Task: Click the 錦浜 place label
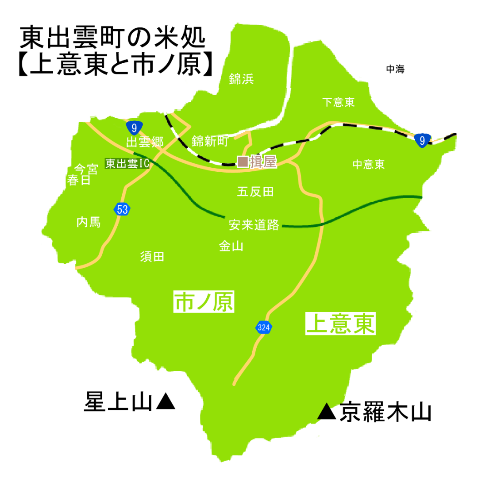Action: click(241, 79)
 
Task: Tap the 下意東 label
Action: click(339, 103)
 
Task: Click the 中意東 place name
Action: click(369, 165)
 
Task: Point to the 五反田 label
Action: click(255, 192)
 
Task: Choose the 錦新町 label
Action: click(210, 141)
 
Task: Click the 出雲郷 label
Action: click(145, 142)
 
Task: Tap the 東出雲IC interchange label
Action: click(126, 163)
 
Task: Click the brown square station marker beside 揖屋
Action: click(243, 162)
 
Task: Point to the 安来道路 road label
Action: click(254, 225)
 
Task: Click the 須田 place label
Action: click(152, 257)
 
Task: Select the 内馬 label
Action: click(89, 222)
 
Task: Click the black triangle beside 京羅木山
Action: click(328, 412)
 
